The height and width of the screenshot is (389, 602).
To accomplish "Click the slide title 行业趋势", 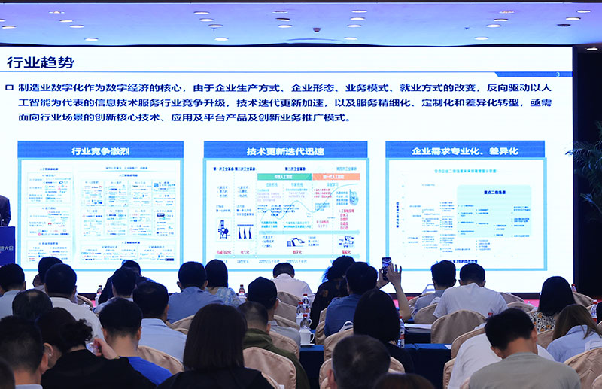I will [x=41, y=62].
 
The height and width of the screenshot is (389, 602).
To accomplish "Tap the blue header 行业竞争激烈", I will [x=100, y=150].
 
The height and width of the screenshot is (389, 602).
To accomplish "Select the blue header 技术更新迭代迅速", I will [x=285, y=150].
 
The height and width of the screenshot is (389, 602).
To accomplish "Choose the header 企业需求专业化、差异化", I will [x=464, y=150].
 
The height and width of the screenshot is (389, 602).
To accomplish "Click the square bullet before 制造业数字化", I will [x=9, y=87].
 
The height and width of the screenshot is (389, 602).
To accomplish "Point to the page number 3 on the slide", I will [x=557, y=74].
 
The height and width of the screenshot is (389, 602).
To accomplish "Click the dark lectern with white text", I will [x=6, y=245].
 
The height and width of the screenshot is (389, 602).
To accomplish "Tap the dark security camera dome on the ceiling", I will [x=317, y=30].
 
